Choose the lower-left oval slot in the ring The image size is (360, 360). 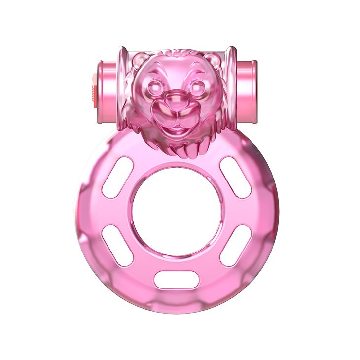point(117,245)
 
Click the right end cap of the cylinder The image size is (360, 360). point(247,90)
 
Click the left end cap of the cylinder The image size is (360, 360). point(105,90)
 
